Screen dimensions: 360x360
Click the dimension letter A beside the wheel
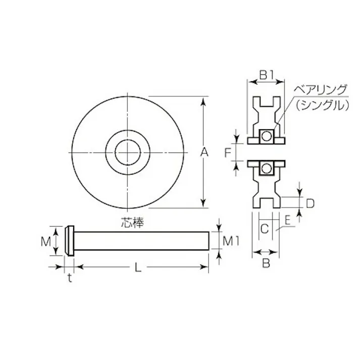tap(203, 151)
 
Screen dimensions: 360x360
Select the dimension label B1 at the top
tap(266, 76)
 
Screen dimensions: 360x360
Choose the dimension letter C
tap(264, 228)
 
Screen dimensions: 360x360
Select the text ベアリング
tap(321, 90)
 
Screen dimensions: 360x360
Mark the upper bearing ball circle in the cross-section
tap(266, 135)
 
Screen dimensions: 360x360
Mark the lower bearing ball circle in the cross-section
tap(266, 168)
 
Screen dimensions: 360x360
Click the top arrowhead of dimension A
tap(203, 99)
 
